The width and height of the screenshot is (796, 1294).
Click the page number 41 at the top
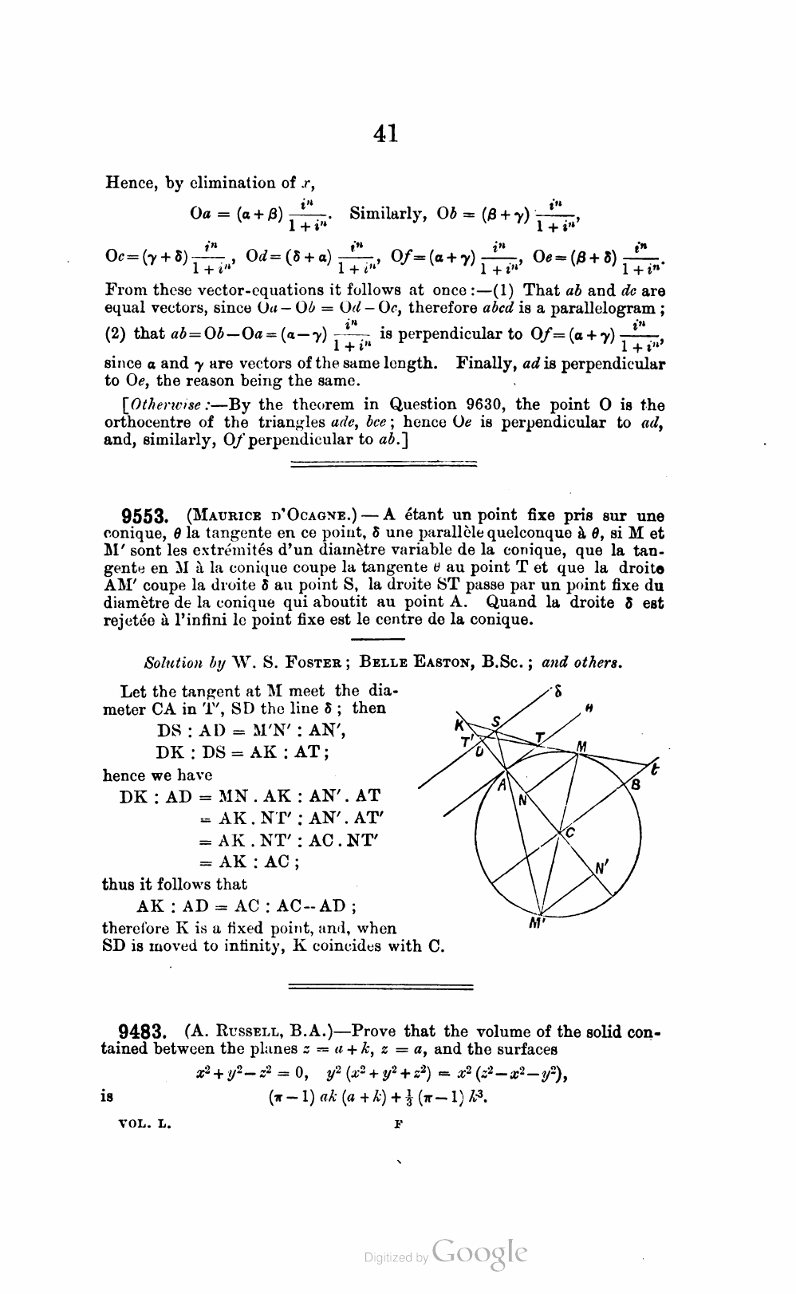(x=385, y=134)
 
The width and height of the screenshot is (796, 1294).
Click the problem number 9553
(x=142, y=516)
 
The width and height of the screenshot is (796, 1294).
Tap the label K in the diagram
(x=459, y=724)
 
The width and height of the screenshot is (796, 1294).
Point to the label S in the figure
(x=496, y=721)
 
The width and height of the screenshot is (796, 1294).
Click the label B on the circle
(x=636, y=785)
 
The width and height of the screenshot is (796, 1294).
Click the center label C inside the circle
(x=570, y=833)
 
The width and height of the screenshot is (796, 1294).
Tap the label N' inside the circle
(x=602, y=868)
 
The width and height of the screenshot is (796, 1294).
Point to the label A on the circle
(x=502, y=785)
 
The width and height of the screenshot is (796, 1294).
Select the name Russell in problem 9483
(x=237, y=1032)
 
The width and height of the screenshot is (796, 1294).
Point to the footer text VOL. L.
(x=144, y=1123)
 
